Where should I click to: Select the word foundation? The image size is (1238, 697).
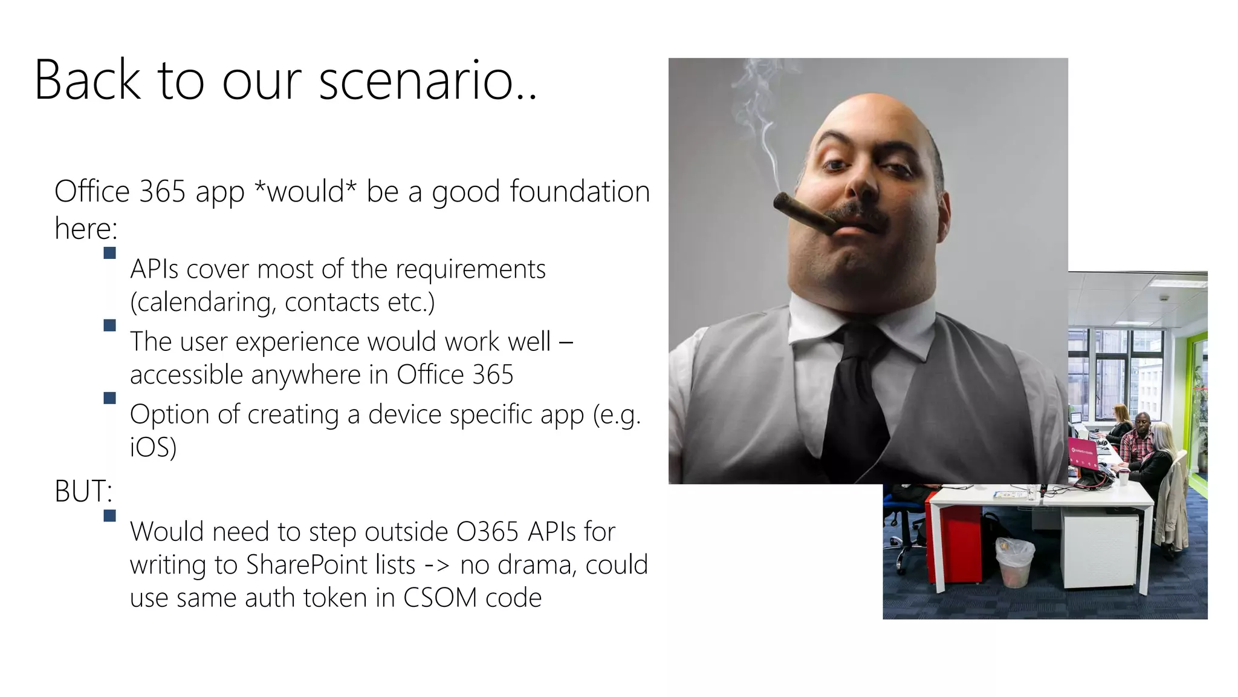580,192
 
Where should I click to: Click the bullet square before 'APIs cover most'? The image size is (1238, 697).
109,253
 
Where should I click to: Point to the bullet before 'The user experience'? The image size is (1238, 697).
109,326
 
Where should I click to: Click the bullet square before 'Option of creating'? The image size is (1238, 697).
109,398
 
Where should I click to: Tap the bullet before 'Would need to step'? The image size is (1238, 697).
109,515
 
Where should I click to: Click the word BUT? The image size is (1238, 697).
83,491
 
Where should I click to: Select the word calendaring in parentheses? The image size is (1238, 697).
203,303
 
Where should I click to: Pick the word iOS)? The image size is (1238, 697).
153,448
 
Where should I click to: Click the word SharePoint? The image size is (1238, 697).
331,565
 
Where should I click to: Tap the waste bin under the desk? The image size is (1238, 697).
1014,563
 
